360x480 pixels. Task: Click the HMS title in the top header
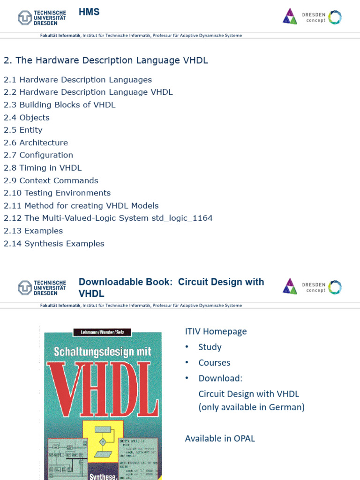coord(89,12)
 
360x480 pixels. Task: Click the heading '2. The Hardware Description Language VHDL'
coord(106,60)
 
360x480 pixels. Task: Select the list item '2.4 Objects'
coord(27,118)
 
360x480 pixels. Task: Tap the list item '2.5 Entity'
coord(23,130)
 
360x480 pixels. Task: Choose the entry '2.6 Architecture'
coord(36,142)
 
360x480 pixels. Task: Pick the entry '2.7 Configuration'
coord(38,155)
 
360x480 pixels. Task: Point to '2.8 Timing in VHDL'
coord(43,168)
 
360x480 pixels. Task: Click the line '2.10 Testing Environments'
coord(57,193)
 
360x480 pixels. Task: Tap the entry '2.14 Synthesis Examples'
coord(54,244)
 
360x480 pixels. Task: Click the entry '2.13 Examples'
coord(33,231)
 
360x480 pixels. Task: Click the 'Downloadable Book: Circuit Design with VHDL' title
coord(171,287)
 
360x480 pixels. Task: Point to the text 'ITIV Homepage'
coord(216,331)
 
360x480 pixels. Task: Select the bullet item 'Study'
coord(210,347)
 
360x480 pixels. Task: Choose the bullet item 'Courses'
coord(214,363)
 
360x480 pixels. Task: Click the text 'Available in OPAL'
coord(220,438)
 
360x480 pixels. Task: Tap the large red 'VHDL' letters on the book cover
coord(103,384)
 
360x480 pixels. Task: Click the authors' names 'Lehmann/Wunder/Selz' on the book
coord(103,333)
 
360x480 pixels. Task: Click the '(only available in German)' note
coord(251,407)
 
